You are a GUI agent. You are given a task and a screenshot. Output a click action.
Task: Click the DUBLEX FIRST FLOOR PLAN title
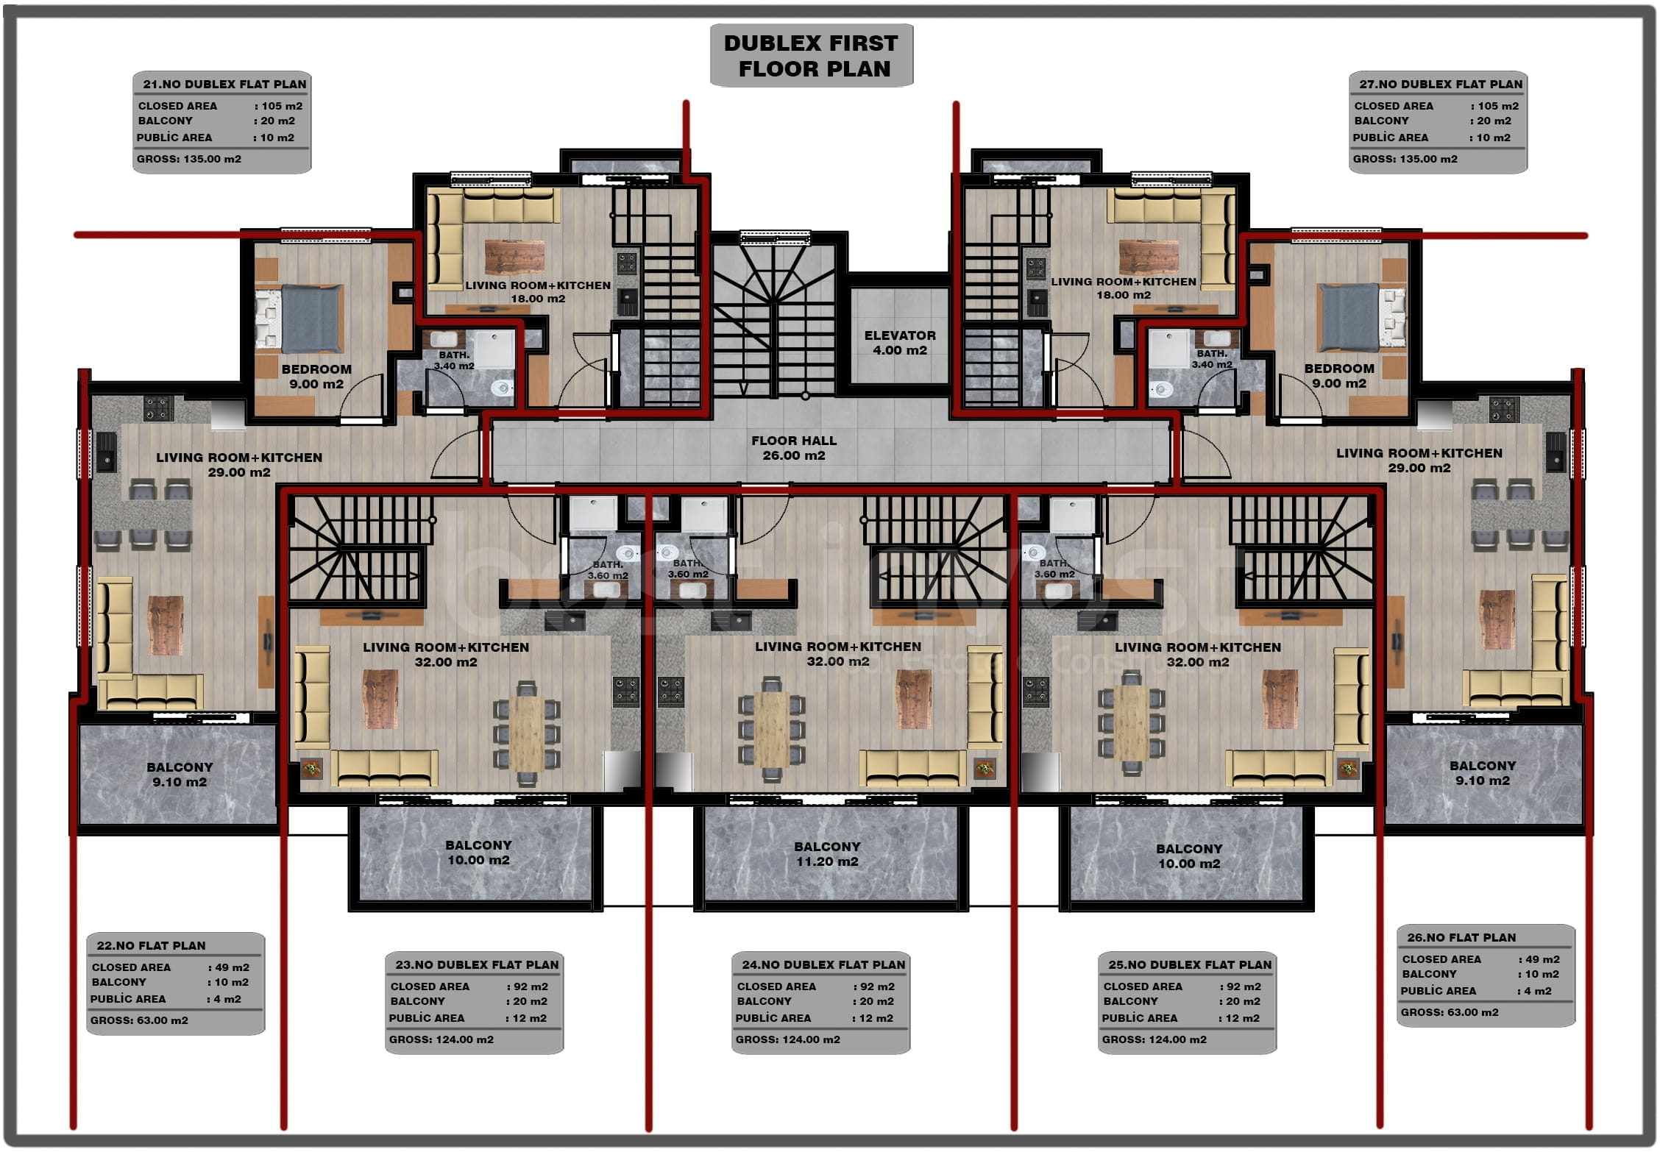coord(811,56)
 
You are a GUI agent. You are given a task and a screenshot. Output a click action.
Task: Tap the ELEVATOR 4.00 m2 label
coord(900,343)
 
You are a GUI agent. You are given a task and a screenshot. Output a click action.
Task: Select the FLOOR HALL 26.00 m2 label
coord(794,448)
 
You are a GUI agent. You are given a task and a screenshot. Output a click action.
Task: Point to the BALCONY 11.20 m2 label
coord(827,854)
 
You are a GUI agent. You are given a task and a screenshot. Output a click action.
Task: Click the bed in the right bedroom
coord(1362,317)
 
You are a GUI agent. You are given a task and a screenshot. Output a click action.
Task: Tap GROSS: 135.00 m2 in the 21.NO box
coord(188,159)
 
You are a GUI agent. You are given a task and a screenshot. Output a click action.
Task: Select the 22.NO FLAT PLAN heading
coord(151,945)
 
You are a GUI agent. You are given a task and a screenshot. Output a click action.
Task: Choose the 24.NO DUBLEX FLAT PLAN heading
coord(823,964)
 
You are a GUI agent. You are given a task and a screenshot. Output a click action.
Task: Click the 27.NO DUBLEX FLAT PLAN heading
coord(1441,84)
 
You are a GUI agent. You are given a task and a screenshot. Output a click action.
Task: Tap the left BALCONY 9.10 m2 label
coord(180,775)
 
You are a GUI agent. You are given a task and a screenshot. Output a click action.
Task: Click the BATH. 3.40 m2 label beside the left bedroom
coord(454,360)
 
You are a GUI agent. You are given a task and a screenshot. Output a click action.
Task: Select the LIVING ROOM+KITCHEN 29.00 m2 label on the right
coord(1419,461)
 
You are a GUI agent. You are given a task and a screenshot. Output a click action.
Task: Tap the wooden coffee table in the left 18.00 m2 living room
coord(515,257)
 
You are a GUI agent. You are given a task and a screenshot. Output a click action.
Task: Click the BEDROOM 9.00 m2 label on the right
coord(1339,376)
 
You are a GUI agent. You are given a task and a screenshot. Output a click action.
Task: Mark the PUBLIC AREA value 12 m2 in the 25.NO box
coord(1242,1018)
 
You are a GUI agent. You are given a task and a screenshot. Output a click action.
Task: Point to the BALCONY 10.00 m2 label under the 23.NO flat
coord(478,853)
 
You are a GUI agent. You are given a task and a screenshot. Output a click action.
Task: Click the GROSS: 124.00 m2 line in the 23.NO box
coord(441,1039)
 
